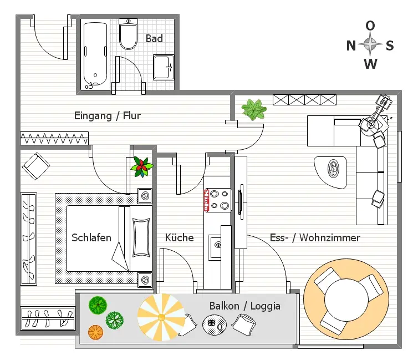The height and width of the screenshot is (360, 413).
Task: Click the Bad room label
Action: click(x=154, y=38)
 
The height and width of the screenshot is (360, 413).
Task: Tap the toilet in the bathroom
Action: click(x=128, y=34)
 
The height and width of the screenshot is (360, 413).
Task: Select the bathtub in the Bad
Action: click(x=95, y=55)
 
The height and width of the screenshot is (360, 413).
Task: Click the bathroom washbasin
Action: click(x=164, y=67)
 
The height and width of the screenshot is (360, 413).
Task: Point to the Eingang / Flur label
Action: click(x=108, y=116)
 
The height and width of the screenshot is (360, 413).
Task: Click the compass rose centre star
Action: click(x=370, y=44)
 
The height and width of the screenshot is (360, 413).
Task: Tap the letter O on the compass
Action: click(x=370, y=26)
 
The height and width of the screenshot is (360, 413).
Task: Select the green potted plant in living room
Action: click(x=254, y=110)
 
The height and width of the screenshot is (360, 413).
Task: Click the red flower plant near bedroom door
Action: click(x=141, y=166)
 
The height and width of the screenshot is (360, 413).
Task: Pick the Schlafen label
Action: click(x=91, y=237)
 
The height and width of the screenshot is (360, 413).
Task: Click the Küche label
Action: click(x=180, y=237)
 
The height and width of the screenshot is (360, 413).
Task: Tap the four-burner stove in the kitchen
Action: click(x=217, y=200)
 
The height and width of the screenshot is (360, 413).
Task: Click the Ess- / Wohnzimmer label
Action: click(x=315, y=237)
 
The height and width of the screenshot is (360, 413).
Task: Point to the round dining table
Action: click(x=349, y=300)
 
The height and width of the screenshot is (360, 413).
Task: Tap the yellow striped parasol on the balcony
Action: click(x=161, y=317)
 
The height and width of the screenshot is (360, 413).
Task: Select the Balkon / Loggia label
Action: click(x=244, y=306)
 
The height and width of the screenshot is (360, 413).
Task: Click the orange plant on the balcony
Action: click(x=95, y=332)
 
